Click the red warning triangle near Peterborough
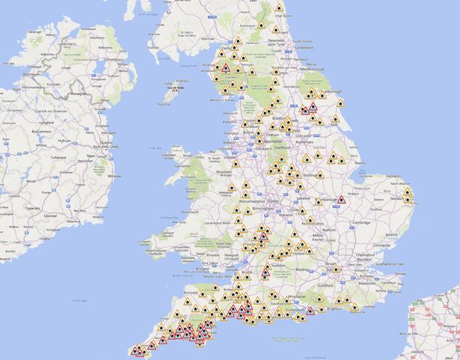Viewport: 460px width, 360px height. click(341, 200)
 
